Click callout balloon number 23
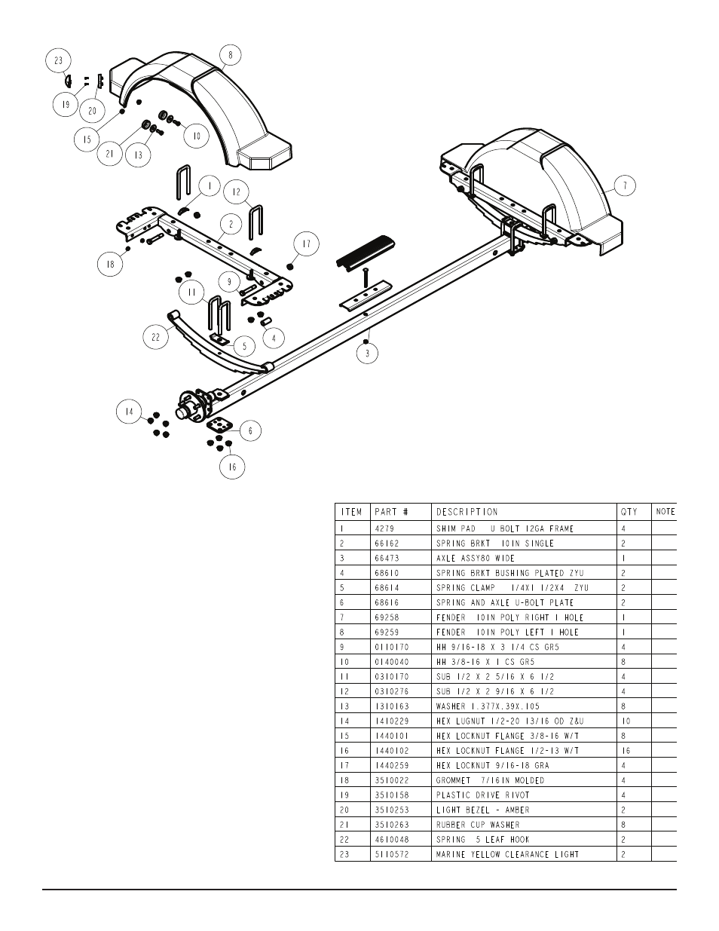(x=58, y=61)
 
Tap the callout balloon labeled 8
(x=231, y=55)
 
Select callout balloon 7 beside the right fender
(x=625, y=186)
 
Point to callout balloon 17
(x=307, y=243)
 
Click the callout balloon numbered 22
(x=155, y=337)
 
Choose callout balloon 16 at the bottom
(x=232, y=467)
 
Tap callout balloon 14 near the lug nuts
(x=129, y=412)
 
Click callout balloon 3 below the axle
(x=368, y=354)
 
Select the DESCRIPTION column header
(x=467, y=512)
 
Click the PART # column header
(x=391, y=512)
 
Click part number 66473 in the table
(x=387, y=559)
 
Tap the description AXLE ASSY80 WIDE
(x=476, y=559)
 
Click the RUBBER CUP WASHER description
(x=478, y=825)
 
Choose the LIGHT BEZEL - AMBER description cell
(x=482, y=810)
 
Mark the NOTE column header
(x=665, y=512)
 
